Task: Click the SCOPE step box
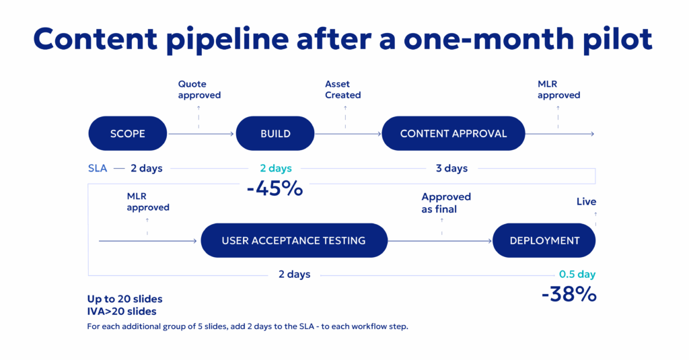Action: [127, 133]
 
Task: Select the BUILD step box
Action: [275, 133]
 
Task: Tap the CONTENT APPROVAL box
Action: [454, 133]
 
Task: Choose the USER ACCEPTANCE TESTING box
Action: [294, 240]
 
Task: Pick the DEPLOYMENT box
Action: [544, 240]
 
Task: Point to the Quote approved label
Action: [199, 89]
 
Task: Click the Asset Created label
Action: [342, 89]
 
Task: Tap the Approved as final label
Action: [446, 203]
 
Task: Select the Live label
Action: [586, 202]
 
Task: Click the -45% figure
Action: [275, 188]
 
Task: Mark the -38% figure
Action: [569, 294]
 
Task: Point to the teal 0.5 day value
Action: [577, 275]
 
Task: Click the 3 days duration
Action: [451, 168]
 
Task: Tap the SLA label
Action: [98, 168]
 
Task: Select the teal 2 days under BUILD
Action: [276, 168]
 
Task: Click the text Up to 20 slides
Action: [124, 299]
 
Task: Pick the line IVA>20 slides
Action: [121, 312]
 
